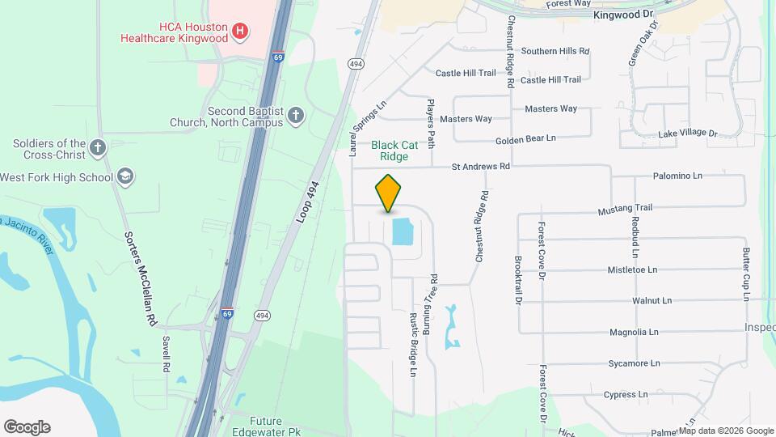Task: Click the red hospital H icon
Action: tap(239, 32)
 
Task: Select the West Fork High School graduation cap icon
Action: tap(124, 176)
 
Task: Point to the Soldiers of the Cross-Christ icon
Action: tap(98, 148)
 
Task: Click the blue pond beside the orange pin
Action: tap(402, 231)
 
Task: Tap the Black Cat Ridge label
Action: tap(395, 151)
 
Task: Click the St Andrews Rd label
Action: tap(481, 167)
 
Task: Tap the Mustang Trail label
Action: tap(625, 210)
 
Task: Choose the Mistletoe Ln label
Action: tap(633, 269)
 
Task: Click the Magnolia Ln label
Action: tap(634, 332)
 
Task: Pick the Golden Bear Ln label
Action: tap(526, 138)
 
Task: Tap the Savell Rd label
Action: tap(167, 354)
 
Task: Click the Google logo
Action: tap(27, 427)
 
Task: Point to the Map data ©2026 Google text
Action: tap(727, 431)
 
